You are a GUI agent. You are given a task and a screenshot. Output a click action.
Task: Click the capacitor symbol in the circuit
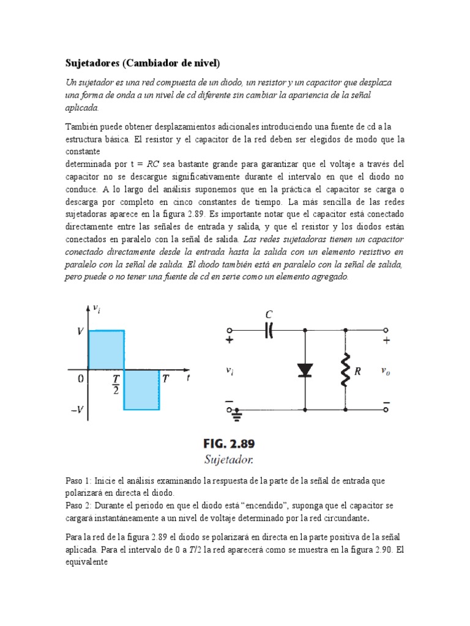pos(269,331)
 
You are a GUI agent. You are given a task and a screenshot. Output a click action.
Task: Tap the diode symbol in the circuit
pos(305,370)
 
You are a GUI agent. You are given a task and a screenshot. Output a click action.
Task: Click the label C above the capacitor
pos(268,314)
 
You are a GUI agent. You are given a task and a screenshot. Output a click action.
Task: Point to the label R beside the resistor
pos(357,370)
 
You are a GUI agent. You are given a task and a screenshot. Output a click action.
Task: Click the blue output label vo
pos(385,370)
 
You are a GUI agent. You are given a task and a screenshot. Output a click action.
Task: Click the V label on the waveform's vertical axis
pos(80,331)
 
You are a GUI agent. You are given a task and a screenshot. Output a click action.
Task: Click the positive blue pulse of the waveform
pos(106,350)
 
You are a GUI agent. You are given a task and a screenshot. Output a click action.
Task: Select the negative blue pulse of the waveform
pos(142,389)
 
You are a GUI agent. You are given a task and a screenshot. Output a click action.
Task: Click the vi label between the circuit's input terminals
pos(230,370)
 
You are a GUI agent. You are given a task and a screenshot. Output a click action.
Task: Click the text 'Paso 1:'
pos(78,481)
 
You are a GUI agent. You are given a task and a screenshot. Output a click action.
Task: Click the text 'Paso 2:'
pos(78,506)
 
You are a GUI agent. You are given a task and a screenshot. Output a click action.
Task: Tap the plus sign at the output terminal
pos(386,341)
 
